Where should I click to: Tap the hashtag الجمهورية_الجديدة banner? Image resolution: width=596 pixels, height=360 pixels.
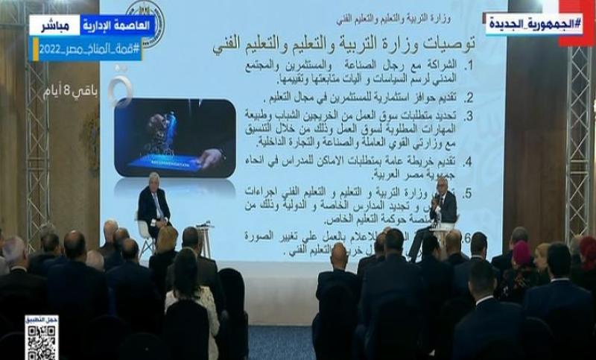click(x=534, y=24)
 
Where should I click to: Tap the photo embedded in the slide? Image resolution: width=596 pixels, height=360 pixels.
click(x=174, y=138)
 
